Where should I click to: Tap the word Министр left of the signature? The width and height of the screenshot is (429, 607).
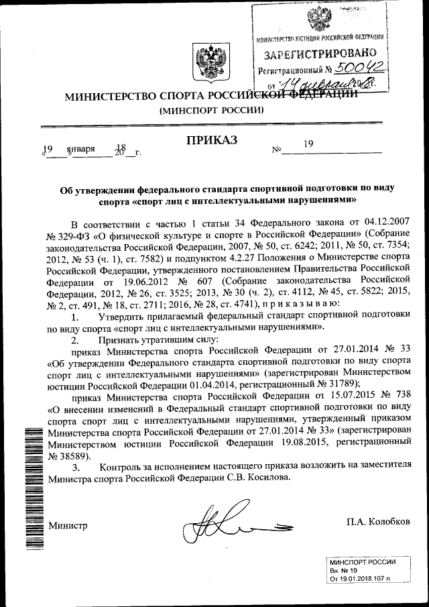click(67, 525)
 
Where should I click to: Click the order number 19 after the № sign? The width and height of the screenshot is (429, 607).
click(308, 144)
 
